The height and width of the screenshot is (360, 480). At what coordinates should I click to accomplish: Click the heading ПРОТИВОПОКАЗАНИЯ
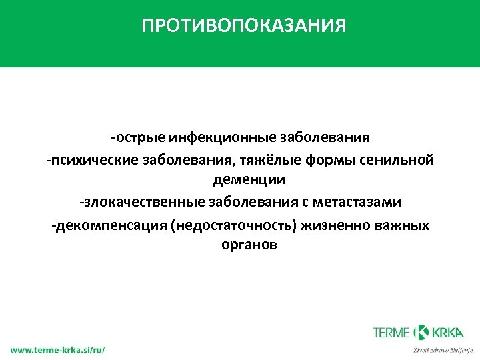coord(243,26)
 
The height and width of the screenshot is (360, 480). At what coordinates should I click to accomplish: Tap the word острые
coord(138,138)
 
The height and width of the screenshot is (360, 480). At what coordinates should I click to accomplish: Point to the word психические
coord(85,160)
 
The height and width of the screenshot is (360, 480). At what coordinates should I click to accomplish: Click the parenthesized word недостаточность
coord(234,225)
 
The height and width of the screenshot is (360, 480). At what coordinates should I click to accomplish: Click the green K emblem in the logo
coord(423,332)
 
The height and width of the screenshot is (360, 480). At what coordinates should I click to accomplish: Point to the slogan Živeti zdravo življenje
coord(443,349)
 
